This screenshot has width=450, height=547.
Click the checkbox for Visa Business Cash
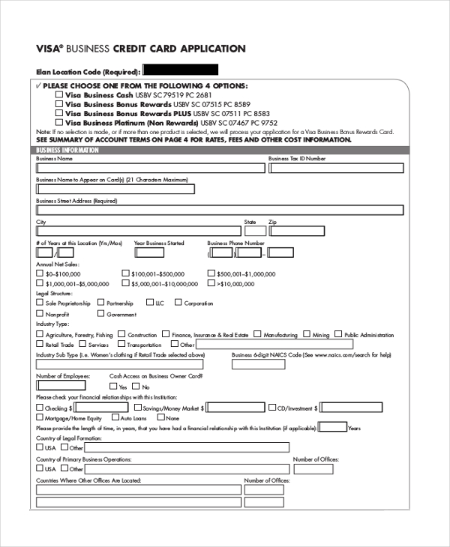click(x=59, y=96)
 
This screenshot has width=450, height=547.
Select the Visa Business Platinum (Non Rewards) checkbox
click(x=59, y=122)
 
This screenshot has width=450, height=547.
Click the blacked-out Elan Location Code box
click(x=181, y=70)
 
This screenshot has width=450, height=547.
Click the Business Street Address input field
click(x=220, y=211)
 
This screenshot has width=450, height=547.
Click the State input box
click(x=254, y=232)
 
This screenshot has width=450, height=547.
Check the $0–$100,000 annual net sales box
click(x=40, y=274)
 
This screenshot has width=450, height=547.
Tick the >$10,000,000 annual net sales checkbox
click(x=211, y=284)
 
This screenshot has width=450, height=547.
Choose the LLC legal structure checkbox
click(x=149, y=303)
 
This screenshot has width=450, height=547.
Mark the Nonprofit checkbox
click(x=40, y=315)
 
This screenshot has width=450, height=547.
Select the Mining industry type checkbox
click(x=307, y=335)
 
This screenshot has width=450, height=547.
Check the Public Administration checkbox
click(x=338, y=335)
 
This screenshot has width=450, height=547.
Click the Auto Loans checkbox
click(x=115, y=417)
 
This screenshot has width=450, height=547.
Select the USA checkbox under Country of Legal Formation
click(x=40, y=447)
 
